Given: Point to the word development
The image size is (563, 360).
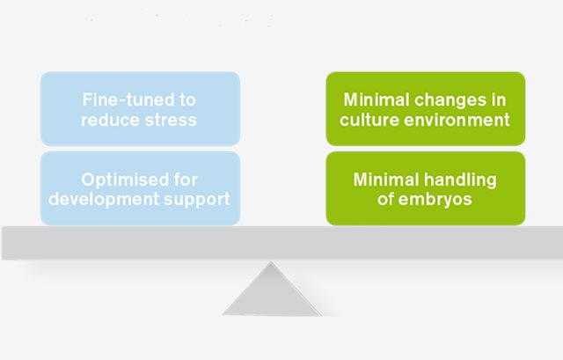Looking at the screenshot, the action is click(104, 199).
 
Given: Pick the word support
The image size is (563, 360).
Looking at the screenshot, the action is click(197, 200).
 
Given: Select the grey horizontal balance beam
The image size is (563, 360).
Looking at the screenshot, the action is click(282, 243).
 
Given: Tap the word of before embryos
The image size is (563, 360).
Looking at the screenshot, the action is click(385, 199).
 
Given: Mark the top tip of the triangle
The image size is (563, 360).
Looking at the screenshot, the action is click(271, 262).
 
